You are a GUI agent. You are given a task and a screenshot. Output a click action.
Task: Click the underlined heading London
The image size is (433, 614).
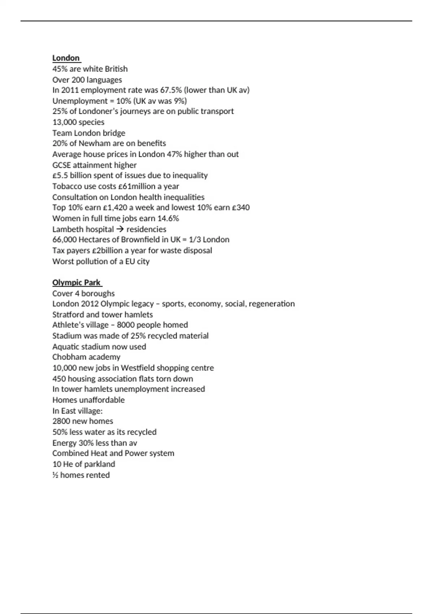click(x=66, y=58)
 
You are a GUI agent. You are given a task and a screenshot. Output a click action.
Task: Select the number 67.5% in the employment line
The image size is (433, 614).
click(x=171, y=90)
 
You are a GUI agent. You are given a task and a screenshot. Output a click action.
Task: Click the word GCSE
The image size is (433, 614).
click(x=61, y=165)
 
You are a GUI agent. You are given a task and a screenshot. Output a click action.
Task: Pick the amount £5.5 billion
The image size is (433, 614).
click(x=71, y=176)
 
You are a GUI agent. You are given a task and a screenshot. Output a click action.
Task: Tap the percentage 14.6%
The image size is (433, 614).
click(x=169, y=219)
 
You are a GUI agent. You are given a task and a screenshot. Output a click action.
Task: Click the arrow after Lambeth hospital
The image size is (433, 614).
click(x=120, y=229)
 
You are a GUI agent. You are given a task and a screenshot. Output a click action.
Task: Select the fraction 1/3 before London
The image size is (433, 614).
click(x=194, y=240)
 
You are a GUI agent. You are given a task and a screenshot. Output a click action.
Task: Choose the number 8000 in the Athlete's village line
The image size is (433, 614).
click(x=126, y=325)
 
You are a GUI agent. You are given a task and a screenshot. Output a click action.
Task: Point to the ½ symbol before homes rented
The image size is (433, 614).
click(x=55, y=475)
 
